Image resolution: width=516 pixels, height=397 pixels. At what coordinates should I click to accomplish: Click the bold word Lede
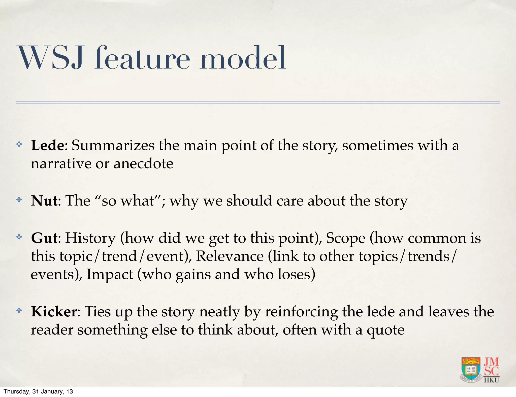tap(48, 145)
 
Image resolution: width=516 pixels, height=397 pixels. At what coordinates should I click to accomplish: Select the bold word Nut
tap(44, 201)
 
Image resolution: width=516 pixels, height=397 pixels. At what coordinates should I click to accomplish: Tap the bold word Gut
tap(44, 238)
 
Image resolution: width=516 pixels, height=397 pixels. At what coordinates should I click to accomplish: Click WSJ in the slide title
tap(50, 58)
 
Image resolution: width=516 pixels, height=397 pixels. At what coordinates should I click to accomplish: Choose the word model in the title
tap(243, 58)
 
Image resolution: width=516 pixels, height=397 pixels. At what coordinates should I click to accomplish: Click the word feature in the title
tap(142, 58)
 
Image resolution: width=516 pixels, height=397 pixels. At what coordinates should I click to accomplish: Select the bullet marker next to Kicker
tap(19, 311)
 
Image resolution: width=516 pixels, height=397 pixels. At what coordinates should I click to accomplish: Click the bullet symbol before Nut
tap(19, 200)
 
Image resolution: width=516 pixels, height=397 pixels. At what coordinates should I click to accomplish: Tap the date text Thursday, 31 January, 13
tap(38, 391)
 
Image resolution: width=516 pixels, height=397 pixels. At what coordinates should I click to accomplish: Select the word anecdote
tap(143, 164)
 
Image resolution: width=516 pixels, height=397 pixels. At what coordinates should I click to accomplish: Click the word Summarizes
tap(113, 145)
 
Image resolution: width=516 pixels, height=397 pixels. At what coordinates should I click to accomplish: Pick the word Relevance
tap(229, 256)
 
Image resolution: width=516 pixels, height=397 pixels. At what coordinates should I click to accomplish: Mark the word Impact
tap(110, 274)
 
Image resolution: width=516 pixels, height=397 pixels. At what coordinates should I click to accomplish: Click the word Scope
tap(345, 238)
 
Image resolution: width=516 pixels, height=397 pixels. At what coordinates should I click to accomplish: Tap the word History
tap(90, 238)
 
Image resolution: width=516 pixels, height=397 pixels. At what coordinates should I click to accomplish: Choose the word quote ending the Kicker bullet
tap(385, 330)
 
